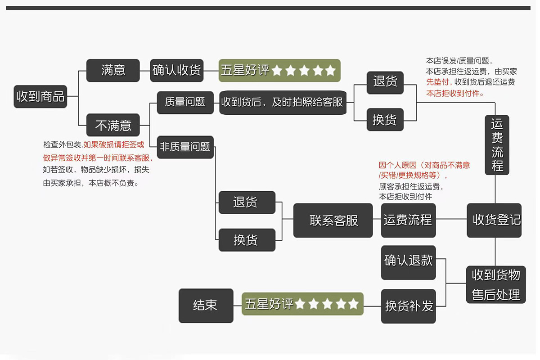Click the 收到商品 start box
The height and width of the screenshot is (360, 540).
click(40, 96)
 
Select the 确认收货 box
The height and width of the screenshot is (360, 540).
click(177, 70)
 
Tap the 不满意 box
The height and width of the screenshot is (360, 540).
click(113, 125)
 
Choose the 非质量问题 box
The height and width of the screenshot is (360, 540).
click(185, 147)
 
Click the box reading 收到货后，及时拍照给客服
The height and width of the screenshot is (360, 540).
click(283, 103)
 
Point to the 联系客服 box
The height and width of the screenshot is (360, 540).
click(333, 220)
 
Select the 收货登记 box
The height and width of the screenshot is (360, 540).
click(494, 220)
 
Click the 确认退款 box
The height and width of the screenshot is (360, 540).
click(409, 263)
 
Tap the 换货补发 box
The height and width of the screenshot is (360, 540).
click(409, 306)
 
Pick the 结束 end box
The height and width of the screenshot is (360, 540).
click(206, 306)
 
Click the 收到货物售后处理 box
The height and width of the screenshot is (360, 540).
click(496, 284)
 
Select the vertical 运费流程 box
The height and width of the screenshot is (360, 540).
click(497, 145)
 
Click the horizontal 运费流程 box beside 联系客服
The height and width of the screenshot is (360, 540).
click(409, 220)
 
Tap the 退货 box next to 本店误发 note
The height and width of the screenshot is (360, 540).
click(385, 83)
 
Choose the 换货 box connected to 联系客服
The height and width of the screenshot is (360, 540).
click(247, 240)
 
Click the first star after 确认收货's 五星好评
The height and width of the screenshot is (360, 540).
click(277, 70)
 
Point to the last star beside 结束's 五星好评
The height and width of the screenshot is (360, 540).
click(353, 304)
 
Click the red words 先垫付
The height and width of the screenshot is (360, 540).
click(437, 82)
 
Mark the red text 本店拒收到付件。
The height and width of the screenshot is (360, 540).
click(455, 93)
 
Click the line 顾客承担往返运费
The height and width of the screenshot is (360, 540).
click(411, 186)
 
